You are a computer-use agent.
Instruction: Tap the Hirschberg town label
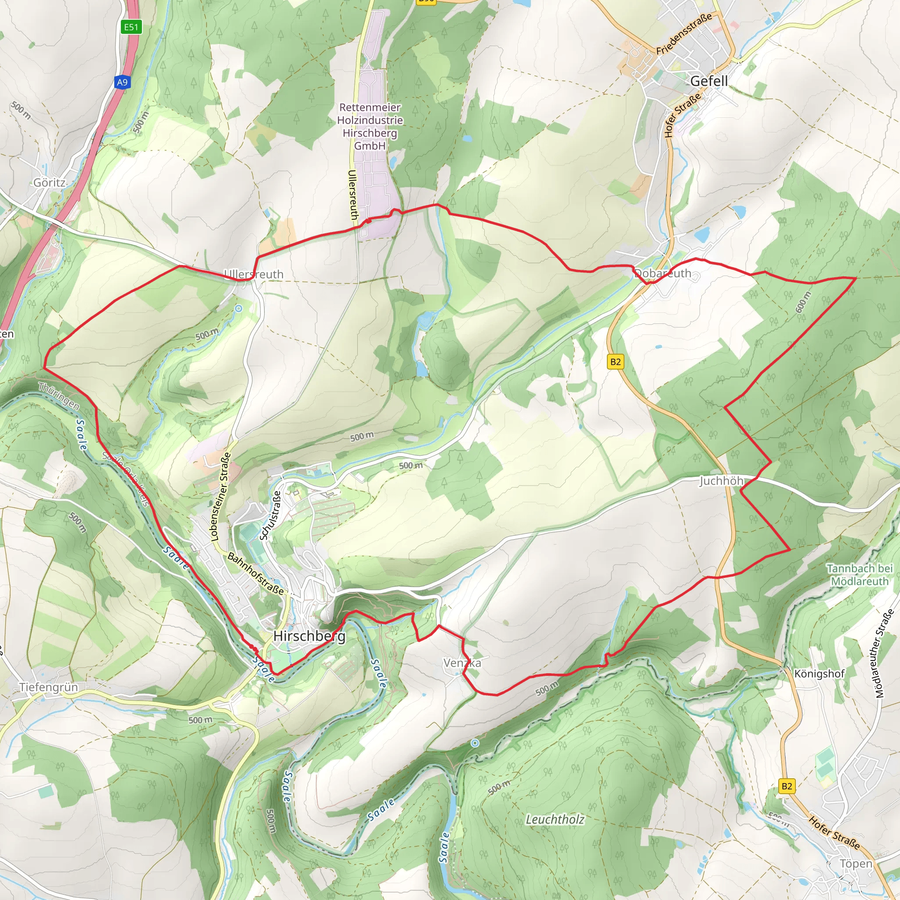tap(309, 636)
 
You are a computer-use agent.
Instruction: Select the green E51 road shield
tap(131, 27)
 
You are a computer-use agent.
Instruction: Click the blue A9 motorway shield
tap(122, 83)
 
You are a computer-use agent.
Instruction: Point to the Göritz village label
tap(49, 183)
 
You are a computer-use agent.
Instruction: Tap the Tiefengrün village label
tap(49, 687)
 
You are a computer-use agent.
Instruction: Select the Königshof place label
tap(819, 674)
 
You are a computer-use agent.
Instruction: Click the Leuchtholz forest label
tap(555, 820)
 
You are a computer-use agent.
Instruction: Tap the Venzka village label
tap(462, 662)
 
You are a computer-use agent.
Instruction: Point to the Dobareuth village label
tap(663, 273)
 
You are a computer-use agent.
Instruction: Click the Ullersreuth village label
tap(254, 274)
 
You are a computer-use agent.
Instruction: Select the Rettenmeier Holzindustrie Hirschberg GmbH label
tap(370, 126)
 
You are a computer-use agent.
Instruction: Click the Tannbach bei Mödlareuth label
tap(860, 575)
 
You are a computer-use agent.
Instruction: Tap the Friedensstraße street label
tap(684, 33)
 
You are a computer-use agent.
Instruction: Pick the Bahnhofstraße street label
tap(255, 573)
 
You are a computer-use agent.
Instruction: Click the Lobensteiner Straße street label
tap(221, 496)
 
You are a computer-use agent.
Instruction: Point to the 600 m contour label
tap(803, 302)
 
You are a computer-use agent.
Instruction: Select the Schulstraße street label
tap(271, 515)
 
